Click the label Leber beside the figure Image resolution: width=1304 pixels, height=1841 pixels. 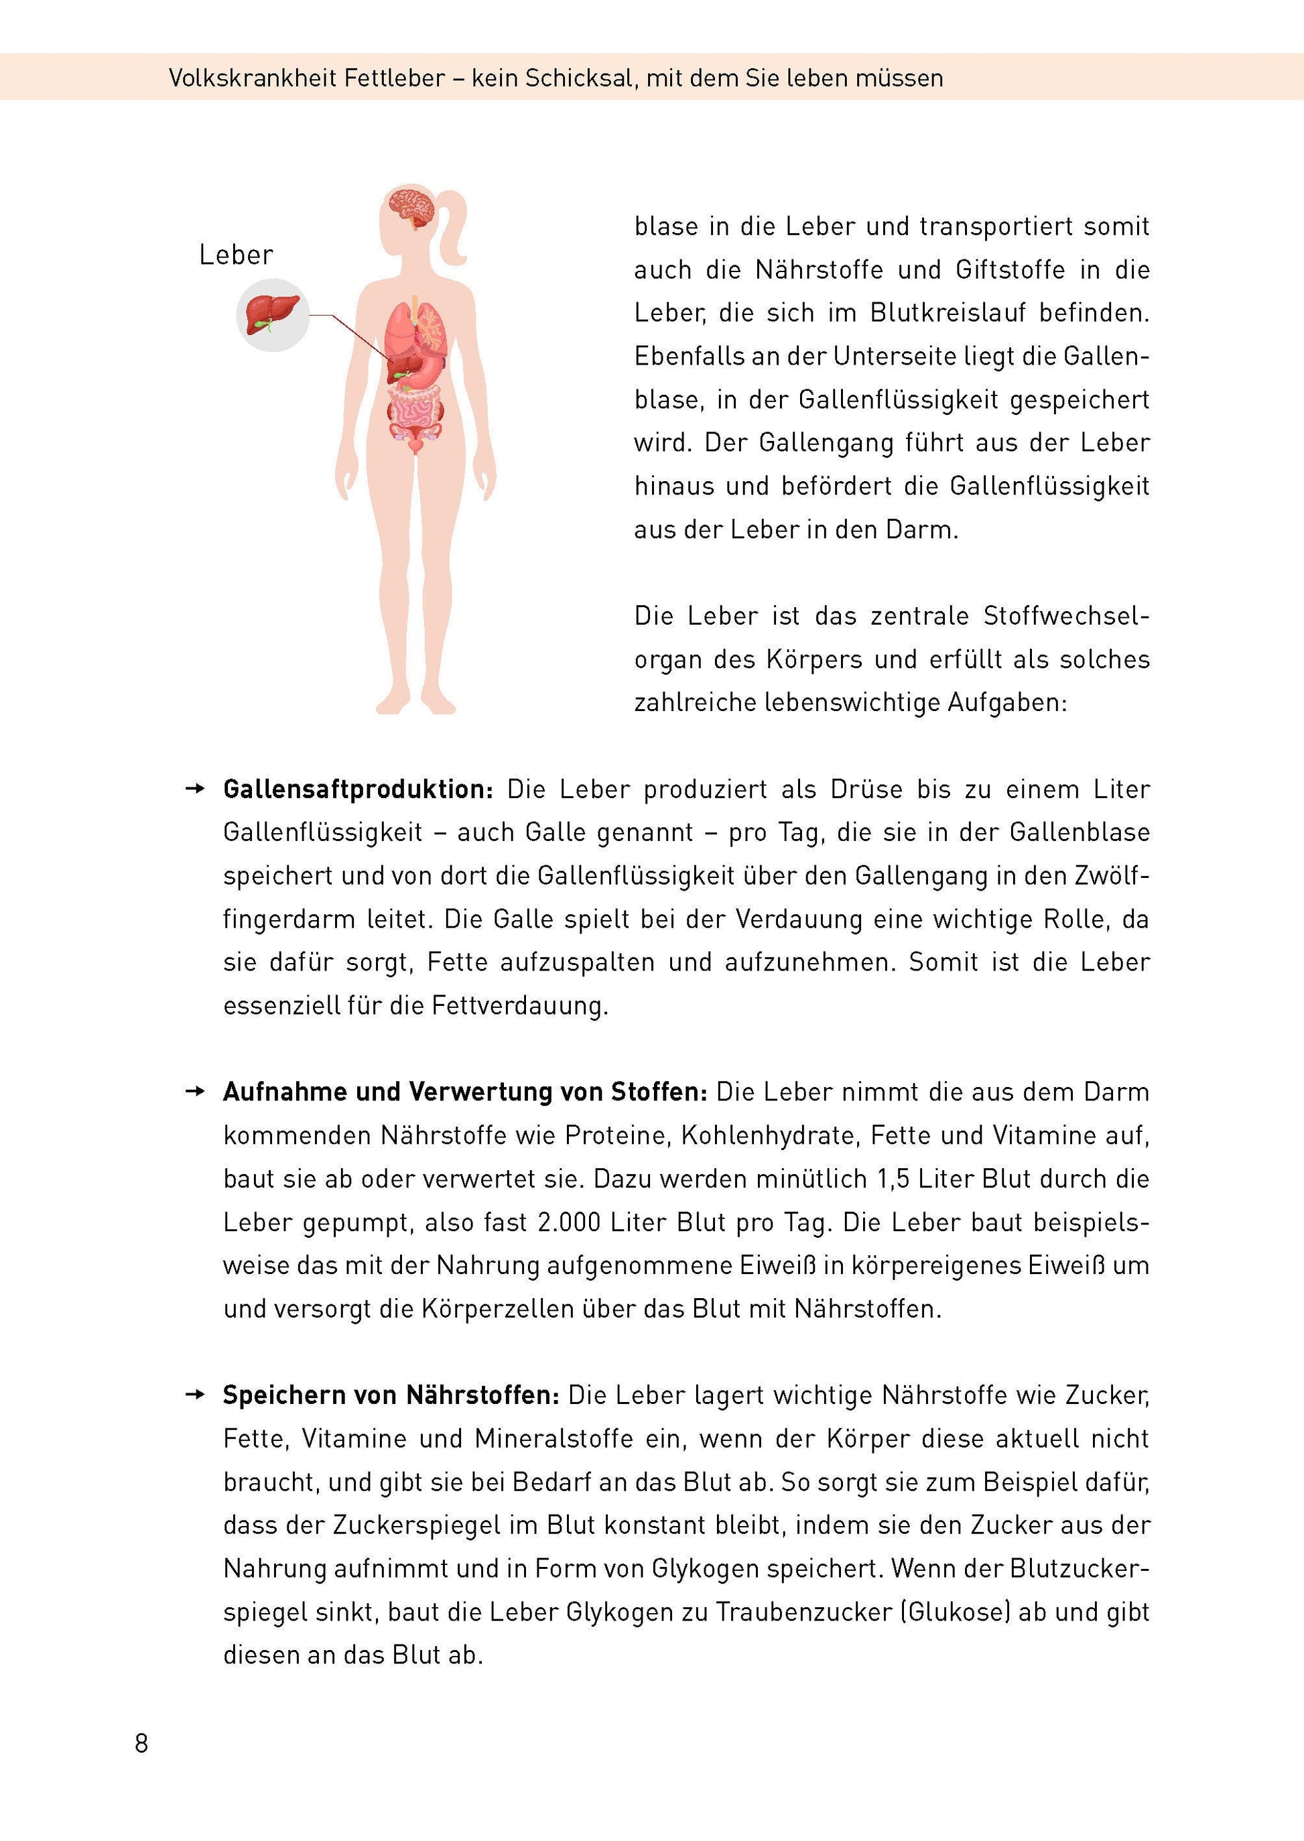coord(236,255)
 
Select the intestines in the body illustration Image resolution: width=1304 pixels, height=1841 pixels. coord(415,406)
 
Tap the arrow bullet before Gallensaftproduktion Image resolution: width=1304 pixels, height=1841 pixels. coord(195,789)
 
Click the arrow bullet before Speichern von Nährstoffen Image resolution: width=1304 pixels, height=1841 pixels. coord(195,1395)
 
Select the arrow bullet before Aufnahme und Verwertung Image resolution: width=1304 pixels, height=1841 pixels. coord(195,1092)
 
